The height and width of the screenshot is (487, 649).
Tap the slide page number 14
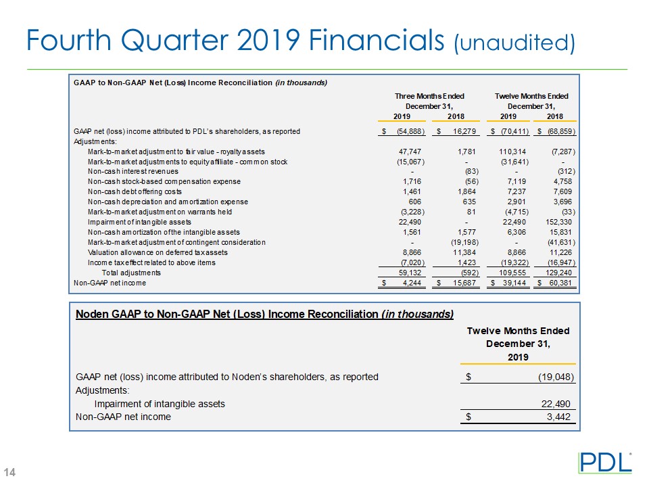[x=11, y=471]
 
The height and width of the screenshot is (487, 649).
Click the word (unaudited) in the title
[x=514, y=43]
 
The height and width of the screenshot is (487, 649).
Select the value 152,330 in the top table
[x=558, y=222]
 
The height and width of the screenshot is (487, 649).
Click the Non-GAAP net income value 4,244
[x=413, y=283]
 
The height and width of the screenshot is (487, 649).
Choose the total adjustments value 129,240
[x=559, y=273]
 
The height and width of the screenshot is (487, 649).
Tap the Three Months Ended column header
[x=429, y=96]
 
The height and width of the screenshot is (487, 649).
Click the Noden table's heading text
[x=264, y=315]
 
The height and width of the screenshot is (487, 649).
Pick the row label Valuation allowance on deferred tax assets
[x=158, y=252]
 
